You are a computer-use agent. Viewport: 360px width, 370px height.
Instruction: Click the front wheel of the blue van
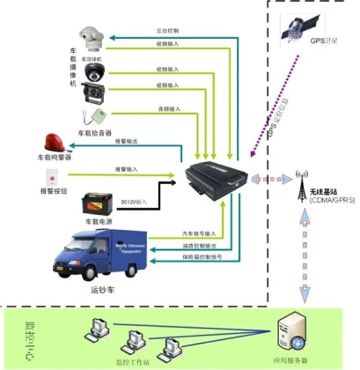coord(67,261)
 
